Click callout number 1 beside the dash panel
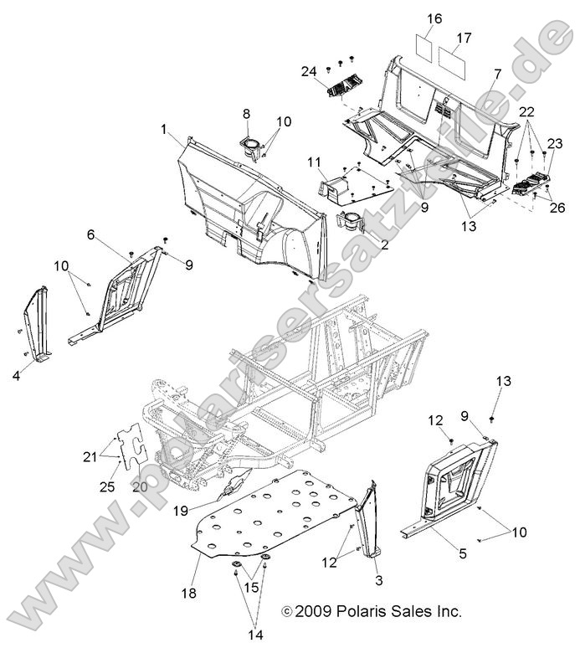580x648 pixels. coord(165,129)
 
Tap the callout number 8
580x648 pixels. coord(246,113)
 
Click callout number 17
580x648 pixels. coord(464,39)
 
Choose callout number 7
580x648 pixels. coord(497,75)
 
